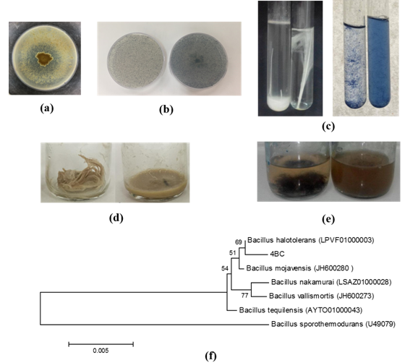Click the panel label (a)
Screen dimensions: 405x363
(47, 108)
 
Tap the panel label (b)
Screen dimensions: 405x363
(166, 109)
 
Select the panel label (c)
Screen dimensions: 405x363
(328, 127)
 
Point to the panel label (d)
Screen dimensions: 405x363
(116, 218)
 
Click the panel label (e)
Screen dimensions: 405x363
(328, 219)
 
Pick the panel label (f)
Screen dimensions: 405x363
(210, 356)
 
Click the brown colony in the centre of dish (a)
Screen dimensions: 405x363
(44, 59)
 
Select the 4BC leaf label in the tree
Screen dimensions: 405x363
(277, 255)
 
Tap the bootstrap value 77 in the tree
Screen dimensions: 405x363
(245, 295)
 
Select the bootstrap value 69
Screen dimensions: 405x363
(239, 242)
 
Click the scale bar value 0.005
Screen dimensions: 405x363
(101, 351)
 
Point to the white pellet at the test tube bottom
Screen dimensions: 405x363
(278, 104)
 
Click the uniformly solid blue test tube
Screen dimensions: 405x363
(378, 62)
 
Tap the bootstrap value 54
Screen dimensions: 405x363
(225, 268)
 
